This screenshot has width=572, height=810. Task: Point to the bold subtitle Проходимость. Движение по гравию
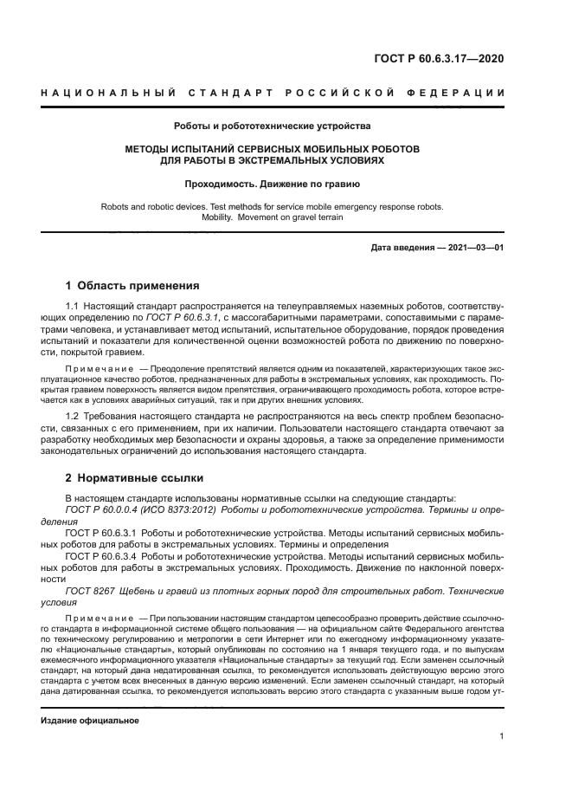(x=273, y=184)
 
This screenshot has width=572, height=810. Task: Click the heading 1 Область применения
(x=133, y=285)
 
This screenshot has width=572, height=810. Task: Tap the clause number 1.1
(x=73, y=307)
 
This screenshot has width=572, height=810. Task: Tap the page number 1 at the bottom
(x=501, y=736)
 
